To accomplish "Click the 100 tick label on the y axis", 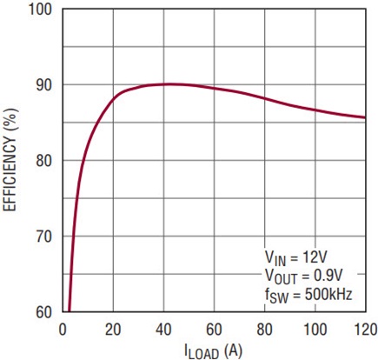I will click(41, 10).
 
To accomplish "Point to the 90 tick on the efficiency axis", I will click(44, 85).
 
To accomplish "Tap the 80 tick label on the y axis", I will click(44, 161).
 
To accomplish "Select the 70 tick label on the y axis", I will click(44, 237).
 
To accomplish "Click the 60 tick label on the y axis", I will click(44, 311).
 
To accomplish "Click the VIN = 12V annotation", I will click(296, 257).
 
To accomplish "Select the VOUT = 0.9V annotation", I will click(303, 276).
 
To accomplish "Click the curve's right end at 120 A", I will click(365, 117).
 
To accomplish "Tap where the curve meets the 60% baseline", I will click(70, 310).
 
